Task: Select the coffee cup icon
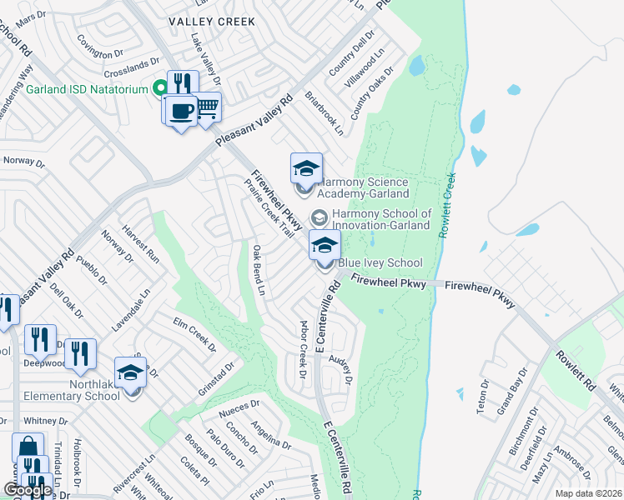(181, 111)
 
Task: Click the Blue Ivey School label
(380, 263)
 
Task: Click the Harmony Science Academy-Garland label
(365, 187)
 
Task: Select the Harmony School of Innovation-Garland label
(381, 219)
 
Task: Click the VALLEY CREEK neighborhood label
(211, 21)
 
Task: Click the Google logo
(28, 491)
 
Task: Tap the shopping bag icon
(28, 447)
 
